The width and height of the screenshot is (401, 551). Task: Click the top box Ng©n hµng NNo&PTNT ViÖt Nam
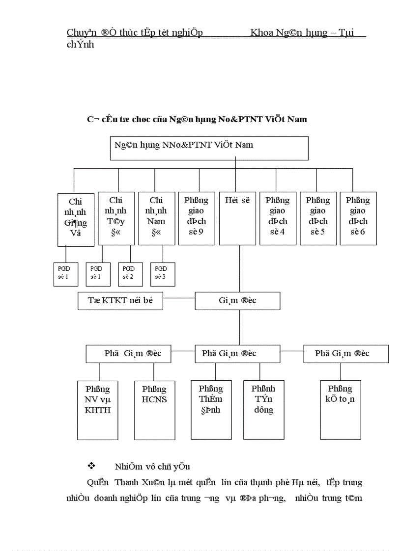[x=208, y=148]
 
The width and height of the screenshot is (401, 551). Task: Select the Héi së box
[x=237, y=218]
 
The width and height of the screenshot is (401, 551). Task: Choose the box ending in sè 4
[x=278, y=218]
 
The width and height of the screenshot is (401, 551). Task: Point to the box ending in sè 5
[x=318, y=218]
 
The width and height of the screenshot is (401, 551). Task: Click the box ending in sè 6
[x=358, y=218]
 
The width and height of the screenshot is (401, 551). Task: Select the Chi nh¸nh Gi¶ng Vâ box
[x=76, y=219]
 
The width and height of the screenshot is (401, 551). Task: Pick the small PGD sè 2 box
[x=130, y=274]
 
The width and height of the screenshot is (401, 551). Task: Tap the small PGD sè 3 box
[x=163, y=274]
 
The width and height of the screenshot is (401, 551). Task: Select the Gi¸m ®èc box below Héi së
[x=237, y=301]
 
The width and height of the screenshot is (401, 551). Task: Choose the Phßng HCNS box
[x=154, y=409]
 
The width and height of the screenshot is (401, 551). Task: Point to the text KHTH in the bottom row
[x=98, y=410]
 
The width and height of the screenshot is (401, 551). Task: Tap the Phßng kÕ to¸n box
[x=341, y=409]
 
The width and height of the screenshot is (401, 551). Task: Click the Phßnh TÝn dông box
[x=264, y=409]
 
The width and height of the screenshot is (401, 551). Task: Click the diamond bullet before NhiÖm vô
[x=90, y=465]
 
